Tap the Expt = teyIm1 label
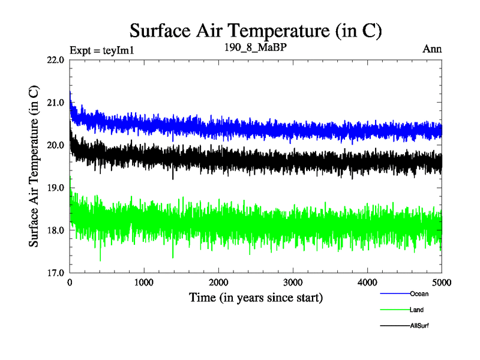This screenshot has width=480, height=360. click(x=101, y=50)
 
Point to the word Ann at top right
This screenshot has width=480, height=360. click(x=433, y=49)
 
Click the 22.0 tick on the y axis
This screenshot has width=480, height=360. click(x=56, y=60)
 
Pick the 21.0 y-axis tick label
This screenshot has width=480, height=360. click(x=56, y=103)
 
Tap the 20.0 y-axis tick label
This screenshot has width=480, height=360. click(x=56, y=145)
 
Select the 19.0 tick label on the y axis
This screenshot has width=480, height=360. click(x=56, y=188)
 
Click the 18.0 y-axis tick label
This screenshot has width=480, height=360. click(x=56, y=230)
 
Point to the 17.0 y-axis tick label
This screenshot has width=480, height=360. click(x=56, y=273)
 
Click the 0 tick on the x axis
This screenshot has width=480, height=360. click(x=70, y=283)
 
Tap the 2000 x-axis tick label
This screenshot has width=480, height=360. click(x=219, y=283)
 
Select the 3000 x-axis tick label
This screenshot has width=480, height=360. click(x=293, y=283)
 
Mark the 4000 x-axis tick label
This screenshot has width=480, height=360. click(x=368, y=283)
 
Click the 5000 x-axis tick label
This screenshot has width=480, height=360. click(x=441, y=283)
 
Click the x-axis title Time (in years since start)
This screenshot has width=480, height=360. click(x=256, y=297)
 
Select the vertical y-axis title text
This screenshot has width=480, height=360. click(x=35, y=166)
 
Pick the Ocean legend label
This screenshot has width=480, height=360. click(x=419, y=294)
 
